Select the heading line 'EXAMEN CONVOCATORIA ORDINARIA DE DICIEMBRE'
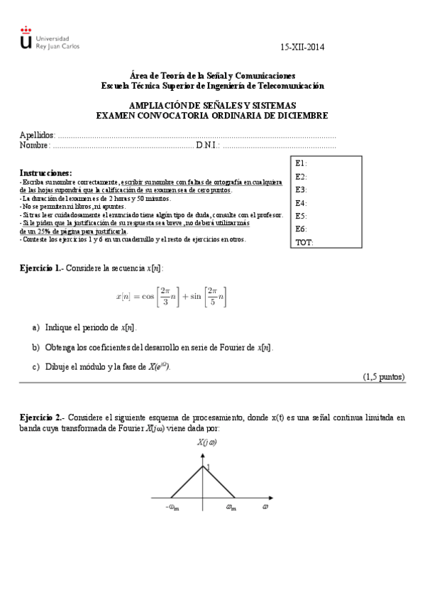(212, 115)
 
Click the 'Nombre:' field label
(35, 146)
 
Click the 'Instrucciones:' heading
(45, 173)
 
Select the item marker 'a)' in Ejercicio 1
(36, 328)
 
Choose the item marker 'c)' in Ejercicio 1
(36, 366)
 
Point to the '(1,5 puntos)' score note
(384, 377)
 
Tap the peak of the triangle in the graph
(204, 464)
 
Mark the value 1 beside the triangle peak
(208, 466)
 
